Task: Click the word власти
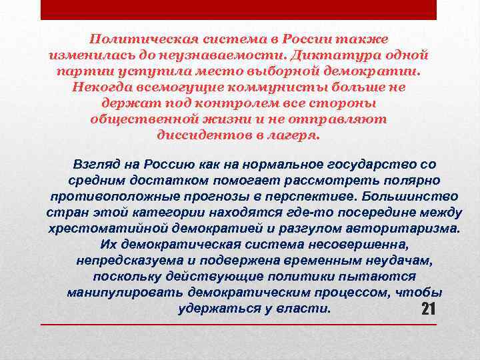click(x=307, y=309)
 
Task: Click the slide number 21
click(x=429, y=309)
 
